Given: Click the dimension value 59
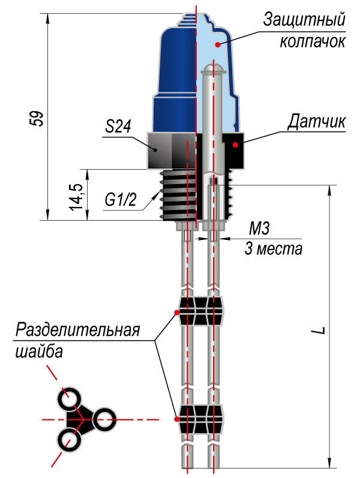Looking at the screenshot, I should coord(37,118).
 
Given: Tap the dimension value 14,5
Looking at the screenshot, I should coord(76,196).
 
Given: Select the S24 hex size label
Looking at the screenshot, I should coord(118,127).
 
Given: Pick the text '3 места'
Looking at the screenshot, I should coord(274,248).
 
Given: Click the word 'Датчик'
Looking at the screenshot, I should coord(316,121).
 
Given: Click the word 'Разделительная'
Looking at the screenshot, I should coord(77,330).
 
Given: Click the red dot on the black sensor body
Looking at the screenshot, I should coord(236,145).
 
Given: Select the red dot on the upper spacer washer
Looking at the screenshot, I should coord(176,312).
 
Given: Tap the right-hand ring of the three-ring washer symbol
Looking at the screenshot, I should coord(103,419).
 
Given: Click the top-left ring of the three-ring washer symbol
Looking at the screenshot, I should coord(70,399).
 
